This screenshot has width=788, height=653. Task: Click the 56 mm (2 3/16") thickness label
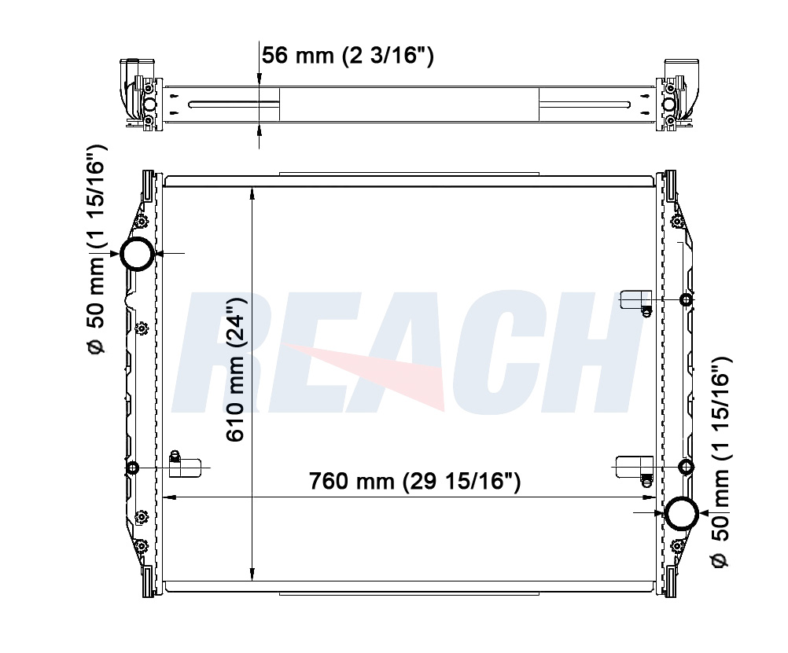point(348,55)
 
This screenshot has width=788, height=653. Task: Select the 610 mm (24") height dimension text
point(234,370)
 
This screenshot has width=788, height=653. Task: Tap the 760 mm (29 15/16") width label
point(414,481)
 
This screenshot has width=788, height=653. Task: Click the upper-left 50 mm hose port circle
point(137,254)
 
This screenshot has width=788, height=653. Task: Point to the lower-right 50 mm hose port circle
point(682,513)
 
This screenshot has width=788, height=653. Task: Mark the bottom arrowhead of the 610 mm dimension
point(252,574)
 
